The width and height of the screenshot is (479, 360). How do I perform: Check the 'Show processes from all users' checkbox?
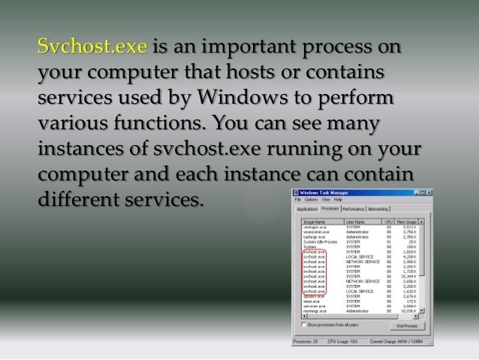click(304, 325)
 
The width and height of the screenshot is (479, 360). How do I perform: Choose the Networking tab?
click(378, 209)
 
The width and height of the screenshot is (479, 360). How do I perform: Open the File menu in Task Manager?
click(298, 200)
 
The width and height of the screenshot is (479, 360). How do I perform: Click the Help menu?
click(339, 200)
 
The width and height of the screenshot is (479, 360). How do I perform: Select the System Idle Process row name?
click(318, 241)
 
